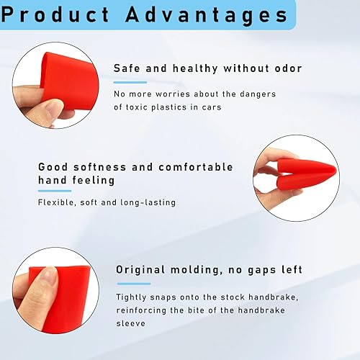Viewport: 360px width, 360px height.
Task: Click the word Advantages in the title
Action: tap(202, 14)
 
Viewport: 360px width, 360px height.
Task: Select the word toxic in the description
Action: tap(138, 108)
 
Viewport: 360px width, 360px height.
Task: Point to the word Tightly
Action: tap(133, 297)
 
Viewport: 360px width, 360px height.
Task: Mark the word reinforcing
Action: tap(145, 310)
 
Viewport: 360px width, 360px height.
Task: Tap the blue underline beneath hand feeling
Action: tap(54, 191)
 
